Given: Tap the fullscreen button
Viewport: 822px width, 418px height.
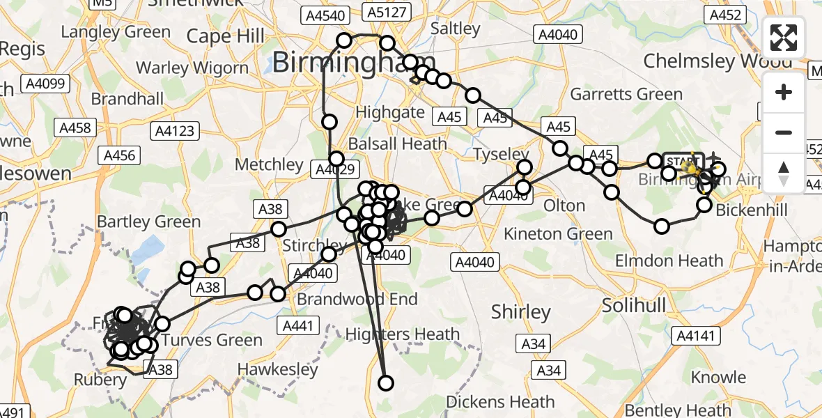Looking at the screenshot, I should (x=784, y=38).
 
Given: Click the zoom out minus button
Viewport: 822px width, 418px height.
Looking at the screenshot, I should (x=784, y=132).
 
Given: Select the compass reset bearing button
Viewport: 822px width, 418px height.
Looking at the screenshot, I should (x=784, y=173).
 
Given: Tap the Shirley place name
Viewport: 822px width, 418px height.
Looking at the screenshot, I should (x=521, y=311).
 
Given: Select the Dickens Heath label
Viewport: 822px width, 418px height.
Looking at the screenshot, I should (x=500, y=402).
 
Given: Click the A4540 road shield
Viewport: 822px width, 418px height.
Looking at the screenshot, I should (x=324, y=14).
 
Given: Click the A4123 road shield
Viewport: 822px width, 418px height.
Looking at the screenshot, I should (x=176, y=130).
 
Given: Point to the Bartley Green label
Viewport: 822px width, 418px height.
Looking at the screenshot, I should (x=149, y=222).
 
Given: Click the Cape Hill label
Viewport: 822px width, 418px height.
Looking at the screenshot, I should (x=226, y=36).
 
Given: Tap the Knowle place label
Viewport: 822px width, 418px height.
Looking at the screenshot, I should (x=718, y=378).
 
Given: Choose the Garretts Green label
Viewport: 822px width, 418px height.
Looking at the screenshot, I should (x=626, y=94).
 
